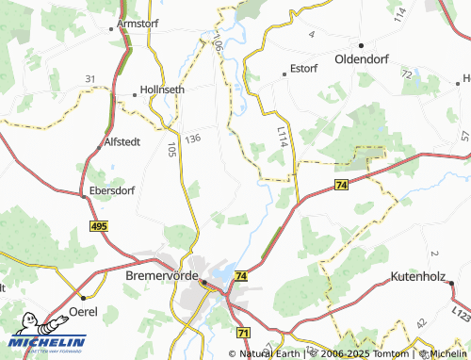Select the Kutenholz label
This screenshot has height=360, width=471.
click(423, 279)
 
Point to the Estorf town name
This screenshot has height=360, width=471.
click(304, 69)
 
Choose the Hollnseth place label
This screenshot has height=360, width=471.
click(162, 90)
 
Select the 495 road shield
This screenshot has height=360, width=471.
click(100, 226)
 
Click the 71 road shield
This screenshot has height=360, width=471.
click(243, 333)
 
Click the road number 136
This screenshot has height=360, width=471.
click(194, 139)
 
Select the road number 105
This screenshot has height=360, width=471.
click(171, 149)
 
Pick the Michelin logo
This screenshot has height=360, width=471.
click(47, 334)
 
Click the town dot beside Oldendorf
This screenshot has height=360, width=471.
click(360, 43)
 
